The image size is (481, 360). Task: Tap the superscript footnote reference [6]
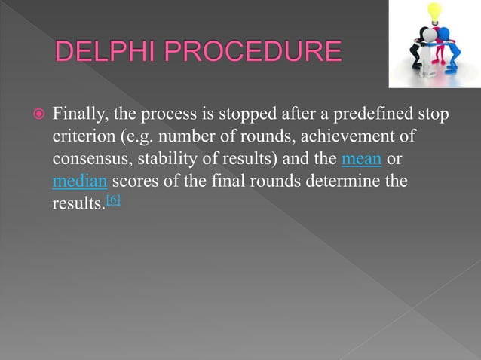pos(113,200)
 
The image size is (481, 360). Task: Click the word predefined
pos(360,116)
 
